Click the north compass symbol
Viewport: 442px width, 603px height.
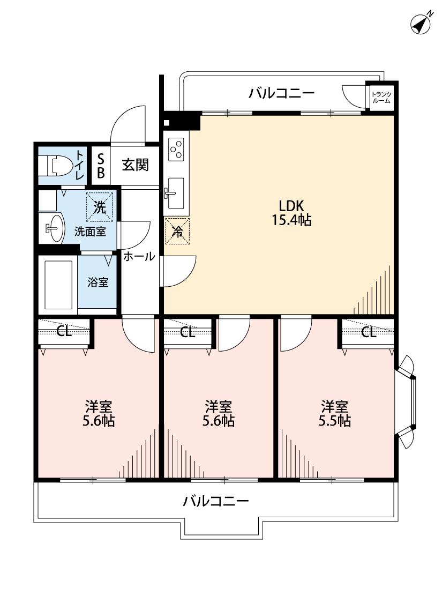coord(421,24)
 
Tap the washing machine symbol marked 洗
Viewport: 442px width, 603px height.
coord(100,206)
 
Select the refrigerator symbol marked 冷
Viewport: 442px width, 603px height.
coord(177,231)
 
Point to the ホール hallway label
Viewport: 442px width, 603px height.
coord(139,257)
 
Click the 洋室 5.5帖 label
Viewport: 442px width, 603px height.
coord(335,413)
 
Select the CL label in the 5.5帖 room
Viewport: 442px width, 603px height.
coord(368,332)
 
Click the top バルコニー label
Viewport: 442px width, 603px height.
coord(281,94)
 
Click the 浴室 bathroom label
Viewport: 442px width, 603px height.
coord(98,282)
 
